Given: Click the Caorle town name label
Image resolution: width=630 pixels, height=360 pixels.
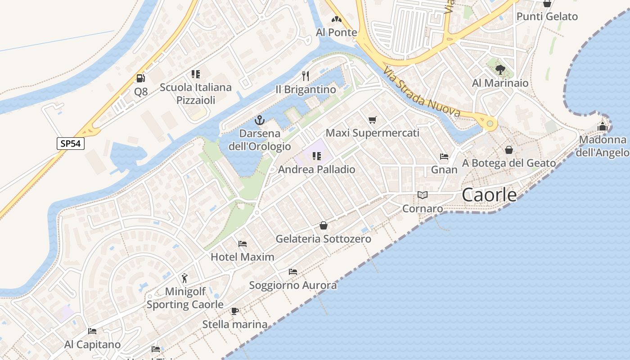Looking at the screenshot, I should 490,194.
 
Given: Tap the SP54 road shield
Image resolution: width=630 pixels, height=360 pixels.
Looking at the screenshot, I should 71,144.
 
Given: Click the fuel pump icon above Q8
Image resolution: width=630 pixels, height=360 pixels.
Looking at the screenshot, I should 141,78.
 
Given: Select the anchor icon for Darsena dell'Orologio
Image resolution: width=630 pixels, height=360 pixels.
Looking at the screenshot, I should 259,120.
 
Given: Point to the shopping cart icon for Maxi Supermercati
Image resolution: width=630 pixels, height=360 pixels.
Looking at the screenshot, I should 372,120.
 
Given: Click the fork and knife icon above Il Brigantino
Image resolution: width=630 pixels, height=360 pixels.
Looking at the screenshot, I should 306,76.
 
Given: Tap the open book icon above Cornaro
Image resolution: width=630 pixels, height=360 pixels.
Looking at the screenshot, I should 422,195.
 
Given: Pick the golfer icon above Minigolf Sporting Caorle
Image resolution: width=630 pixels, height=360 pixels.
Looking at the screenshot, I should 184,278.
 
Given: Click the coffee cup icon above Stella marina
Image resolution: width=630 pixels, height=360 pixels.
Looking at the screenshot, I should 234,310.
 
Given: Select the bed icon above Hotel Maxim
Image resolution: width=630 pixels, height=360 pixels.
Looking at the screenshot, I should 243,243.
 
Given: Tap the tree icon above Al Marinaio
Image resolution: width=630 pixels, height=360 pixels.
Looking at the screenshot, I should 500,69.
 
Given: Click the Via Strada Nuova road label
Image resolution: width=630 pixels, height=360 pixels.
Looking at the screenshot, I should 422,92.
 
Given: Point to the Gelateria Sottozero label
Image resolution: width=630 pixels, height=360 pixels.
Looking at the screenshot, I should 323,238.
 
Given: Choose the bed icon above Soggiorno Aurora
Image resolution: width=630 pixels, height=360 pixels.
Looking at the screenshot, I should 293,271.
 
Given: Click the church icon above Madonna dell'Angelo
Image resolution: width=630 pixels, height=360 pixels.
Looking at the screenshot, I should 603,126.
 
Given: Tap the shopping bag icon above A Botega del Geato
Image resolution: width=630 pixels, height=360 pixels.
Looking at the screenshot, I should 509,149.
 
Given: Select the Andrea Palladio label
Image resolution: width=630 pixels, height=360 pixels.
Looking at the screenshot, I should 316,169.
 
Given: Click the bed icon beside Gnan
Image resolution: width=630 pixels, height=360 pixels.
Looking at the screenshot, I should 444,157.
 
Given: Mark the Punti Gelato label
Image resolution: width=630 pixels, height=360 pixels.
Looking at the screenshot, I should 547,17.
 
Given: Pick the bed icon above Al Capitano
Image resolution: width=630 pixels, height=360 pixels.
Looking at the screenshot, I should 92,331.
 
